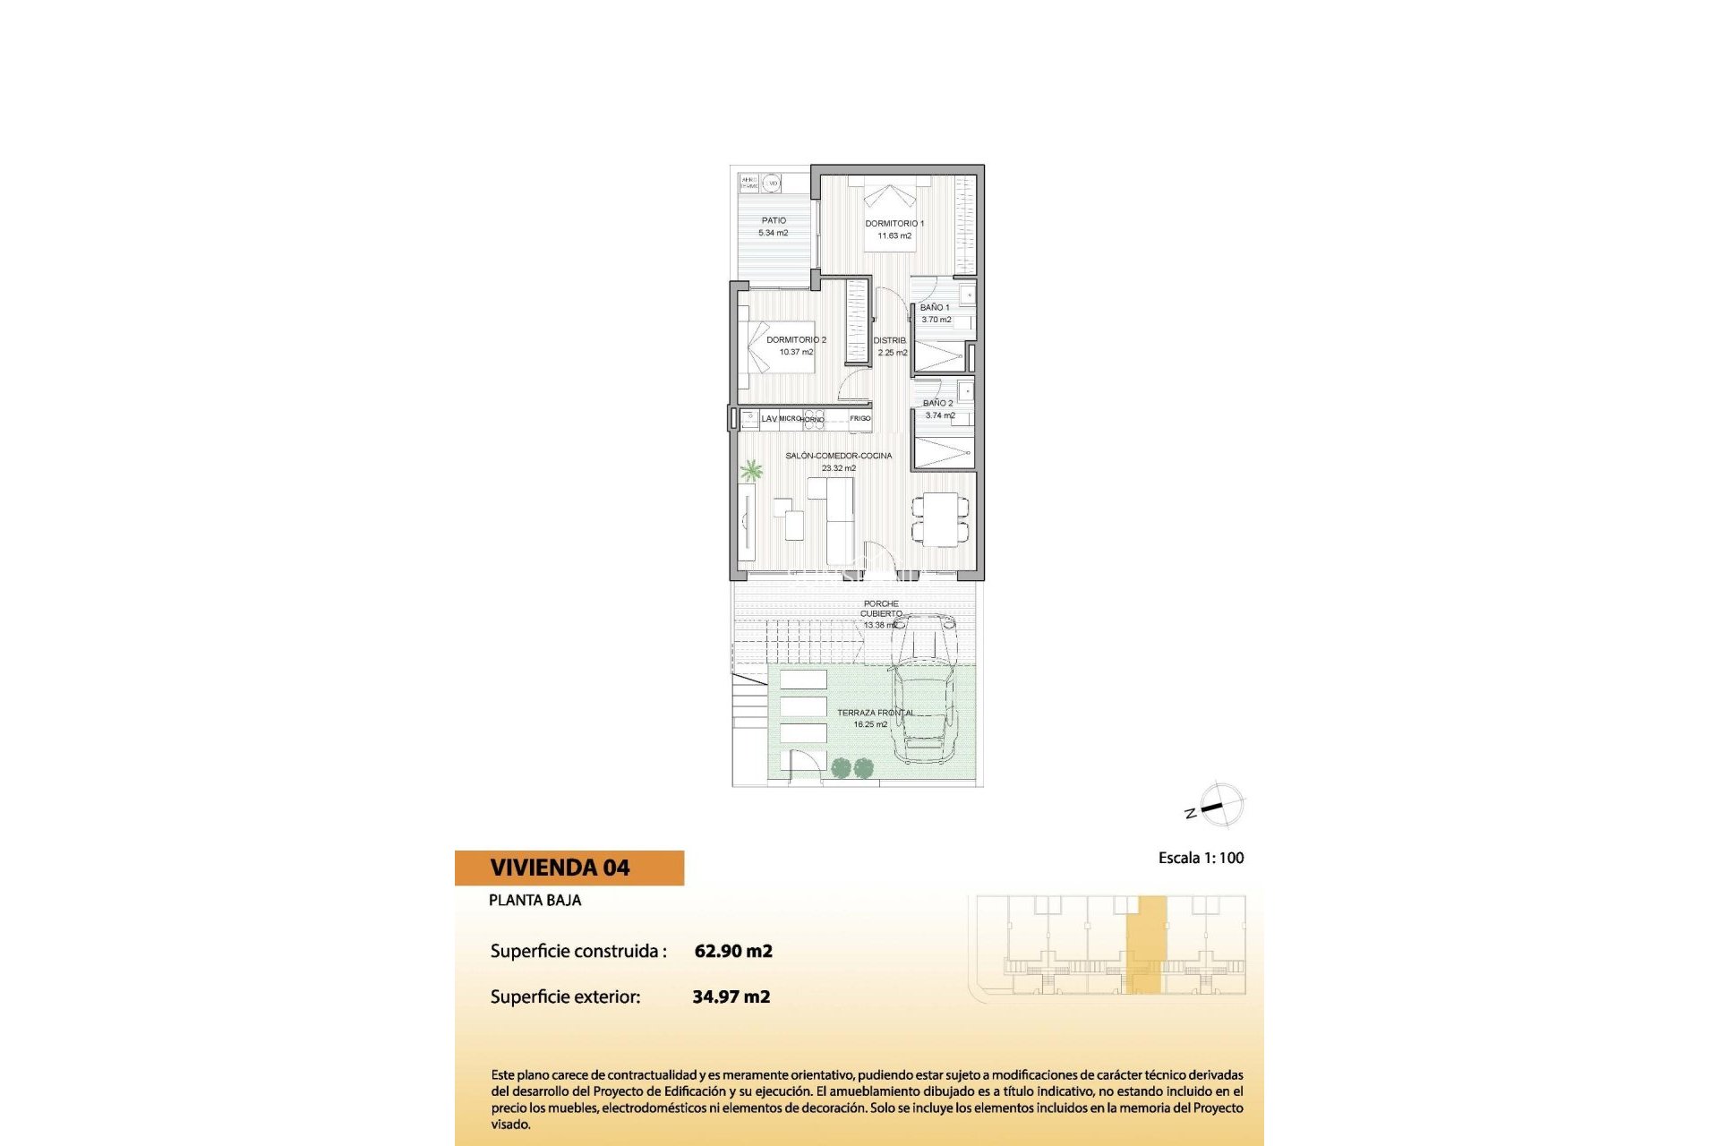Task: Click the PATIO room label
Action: (x=774, y=220)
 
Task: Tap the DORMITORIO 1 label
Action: (x=894, y=224)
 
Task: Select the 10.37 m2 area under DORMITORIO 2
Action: (x=796, y=352)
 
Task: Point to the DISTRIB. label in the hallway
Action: (x=890, y=340)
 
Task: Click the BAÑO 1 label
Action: (x=935, y=307)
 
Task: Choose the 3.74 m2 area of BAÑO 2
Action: (x=940, y=415)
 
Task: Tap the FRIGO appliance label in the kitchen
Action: (x=859, y=418)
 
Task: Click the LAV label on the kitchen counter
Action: (x=769, y=418)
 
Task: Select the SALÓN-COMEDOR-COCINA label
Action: (x=838, y=456)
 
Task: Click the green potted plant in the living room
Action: (x=751, y=471)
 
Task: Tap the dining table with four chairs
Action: (x=940, y=519)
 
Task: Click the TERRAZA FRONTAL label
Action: (x=875, y=713)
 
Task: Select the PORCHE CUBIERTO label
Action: (x=881, y=609)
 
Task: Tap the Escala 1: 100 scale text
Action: (x=1201, y=858)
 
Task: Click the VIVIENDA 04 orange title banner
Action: (x=569, y=868)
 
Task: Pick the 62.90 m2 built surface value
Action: (x=733, y=951)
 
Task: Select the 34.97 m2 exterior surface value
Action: (x=731, y=996)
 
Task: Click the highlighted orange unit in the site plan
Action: (x=1146, y=945)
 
